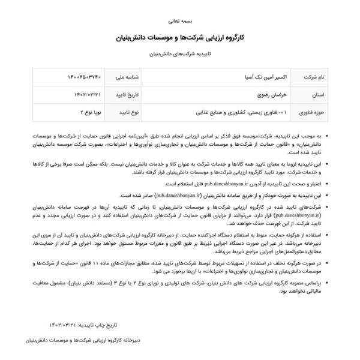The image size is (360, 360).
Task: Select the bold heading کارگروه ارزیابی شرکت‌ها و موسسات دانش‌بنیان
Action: coord(179,37)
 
